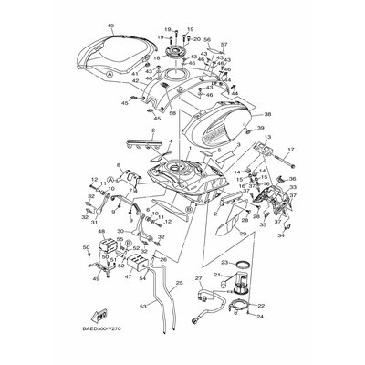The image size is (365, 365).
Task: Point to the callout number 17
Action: [x=293, y=148]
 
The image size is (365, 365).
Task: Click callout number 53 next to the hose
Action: [x=141, y=307]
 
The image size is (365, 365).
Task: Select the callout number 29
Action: [x=244, y=235]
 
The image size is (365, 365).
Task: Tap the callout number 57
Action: [x=224, y=45]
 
